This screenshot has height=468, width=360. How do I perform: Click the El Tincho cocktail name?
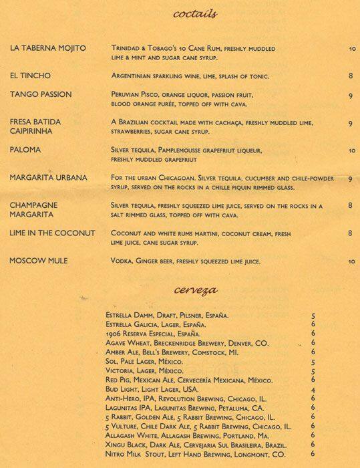tap(30, 76)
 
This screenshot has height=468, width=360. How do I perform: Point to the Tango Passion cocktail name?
tap(41, 94)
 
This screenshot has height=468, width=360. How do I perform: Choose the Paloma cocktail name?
tap(25, 150)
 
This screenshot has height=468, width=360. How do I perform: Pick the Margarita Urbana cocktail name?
tap(49, 178)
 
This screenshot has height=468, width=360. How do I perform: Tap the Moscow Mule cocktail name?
tap(40, 260)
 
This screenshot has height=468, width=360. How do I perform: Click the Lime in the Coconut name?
tap(53, 233)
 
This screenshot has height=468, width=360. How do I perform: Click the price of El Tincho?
tap(350, 76)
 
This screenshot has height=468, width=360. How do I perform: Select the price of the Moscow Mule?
tap(351, 261)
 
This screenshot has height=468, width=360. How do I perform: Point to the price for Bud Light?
tap(313, 389)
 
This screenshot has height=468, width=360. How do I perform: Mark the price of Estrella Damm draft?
tap(313, 315)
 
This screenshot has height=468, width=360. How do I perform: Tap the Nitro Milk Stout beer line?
tap(195, 454)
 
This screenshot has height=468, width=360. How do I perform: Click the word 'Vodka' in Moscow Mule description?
tap(122, 261)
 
